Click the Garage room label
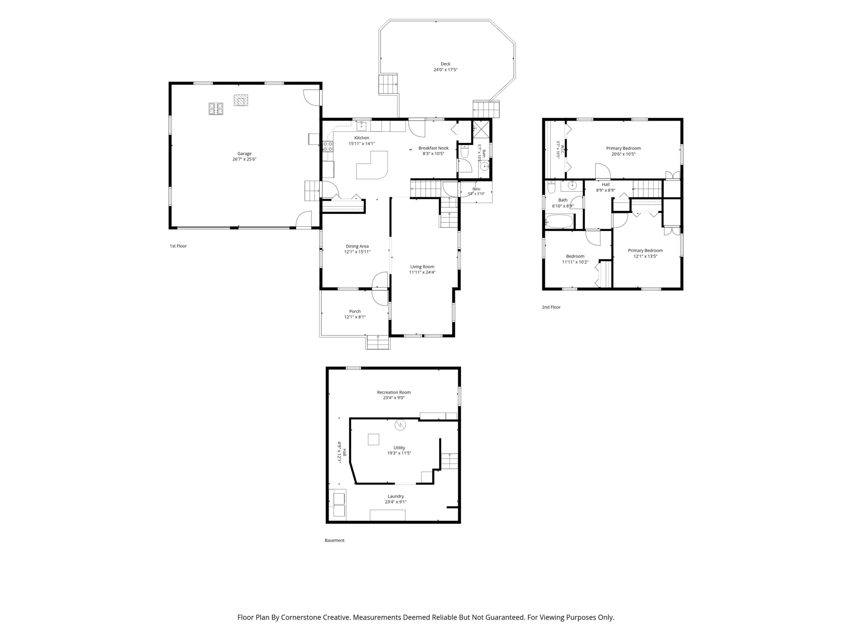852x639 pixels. [244, 153]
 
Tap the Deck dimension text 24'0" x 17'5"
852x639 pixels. [445, 70]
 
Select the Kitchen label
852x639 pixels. [362, 138]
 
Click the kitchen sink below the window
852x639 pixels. [362, 126]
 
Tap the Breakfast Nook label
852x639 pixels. [433, 148]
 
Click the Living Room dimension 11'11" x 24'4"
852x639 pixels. [422, 272]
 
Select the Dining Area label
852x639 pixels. [357, 246]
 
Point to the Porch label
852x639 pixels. [355, 311]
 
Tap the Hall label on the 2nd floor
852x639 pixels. [605, 184]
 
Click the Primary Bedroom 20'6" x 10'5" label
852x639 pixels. [623, 151]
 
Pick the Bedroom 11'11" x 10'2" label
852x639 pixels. [575, 259]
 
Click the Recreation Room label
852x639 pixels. [394, 392]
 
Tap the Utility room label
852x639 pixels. [399, 448]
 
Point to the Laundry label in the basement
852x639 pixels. [396, 496]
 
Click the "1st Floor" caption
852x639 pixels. [178, 246]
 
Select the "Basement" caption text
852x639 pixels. [334, 540]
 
